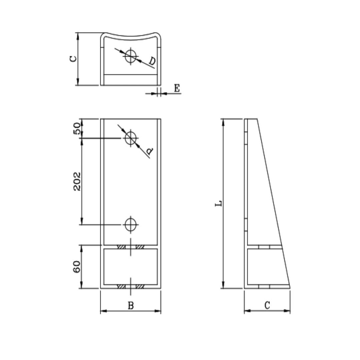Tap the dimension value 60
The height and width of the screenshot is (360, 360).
pyautogui.click(x=77, y=267)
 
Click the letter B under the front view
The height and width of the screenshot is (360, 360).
pyautogui.click(x=131, y=306)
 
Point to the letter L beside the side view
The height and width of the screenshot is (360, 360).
pyautogui.click(x=218, y=203)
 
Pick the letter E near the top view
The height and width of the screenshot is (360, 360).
pyautogui.click(x=177, y=88)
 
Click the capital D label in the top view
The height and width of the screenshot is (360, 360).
pyautogui.click(x=152, y=61)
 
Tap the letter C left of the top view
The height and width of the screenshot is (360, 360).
pyautogui.click(x=73, y=59)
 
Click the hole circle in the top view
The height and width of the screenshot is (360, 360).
pyautogui.click(x=131, y=56)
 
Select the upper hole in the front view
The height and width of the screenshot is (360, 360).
pyautogui.click(x=131, y=138)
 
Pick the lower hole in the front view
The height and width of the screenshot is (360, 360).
pyautogui.click(x=131, y=224)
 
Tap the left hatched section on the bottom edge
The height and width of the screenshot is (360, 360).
pyautogui.click(x=121, y=286)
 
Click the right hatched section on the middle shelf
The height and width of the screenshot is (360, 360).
pyautogui.click(x=140, y=247)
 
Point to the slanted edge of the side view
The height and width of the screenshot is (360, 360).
pyautogui.click(x=273, y=203)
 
